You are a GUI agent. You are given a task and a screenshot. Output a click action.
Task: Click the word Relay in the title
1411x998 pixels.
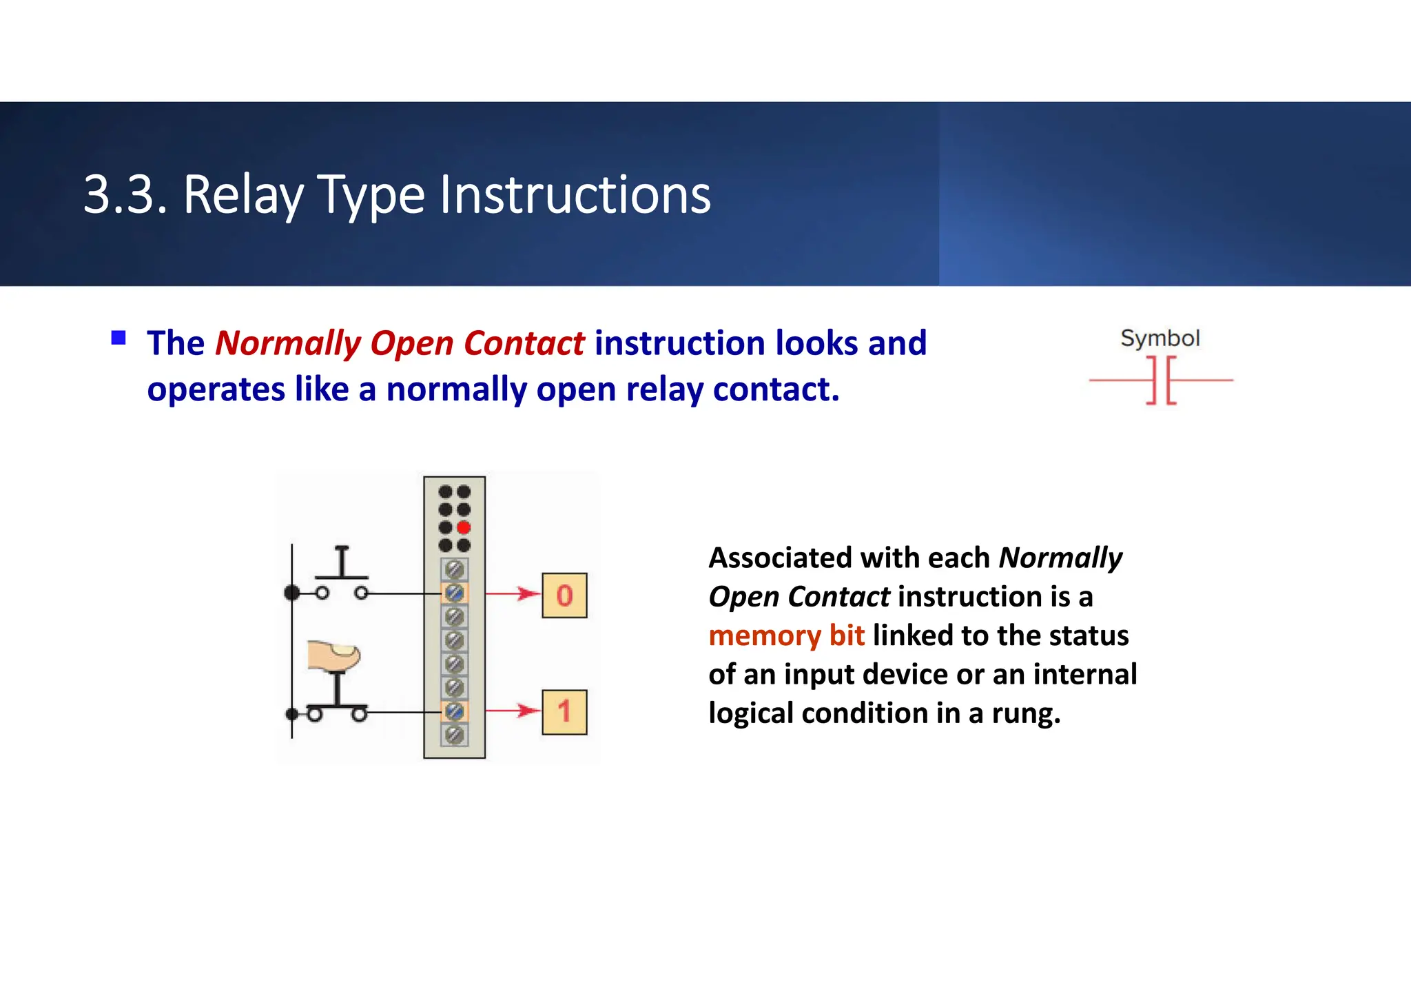[x=243, y=195]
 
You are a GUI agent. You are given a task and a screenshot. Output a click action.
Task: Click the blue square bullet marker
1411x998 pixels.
[x=119, y=338]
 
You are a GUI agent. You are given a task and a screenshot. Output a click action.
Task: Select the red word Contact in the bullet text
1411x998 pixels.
[x=524, y=343]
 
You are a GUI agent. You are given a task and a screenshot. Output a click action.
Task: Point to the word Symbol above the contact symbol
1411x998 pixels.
[x=1160, y=338]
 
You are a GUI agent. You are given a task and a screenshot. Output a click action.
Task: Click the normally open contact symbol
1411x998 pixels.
[x=1161, y=380]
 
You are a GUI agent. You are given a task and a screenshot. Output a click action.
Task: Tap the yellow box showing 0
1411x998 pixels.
[x=564, y=595]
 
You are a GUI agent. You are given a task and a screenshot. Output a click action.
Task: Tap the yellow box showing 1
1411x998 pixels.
[x=564, y=712]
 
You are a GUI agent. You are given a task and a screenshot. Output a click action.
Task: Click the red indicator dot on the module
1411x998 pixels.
[x=464, y=528]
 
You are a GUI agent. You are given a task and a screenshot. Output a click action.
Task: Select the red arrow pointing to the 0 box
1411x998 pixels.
[x=513, y=593]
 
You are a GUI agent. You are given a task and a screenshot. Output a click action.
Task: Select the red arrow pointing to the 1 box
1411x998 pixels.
[x=513, y=711]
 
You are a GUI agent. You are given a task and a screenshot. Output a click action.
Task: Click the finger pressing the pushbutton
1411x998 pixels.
[x=334, y=655]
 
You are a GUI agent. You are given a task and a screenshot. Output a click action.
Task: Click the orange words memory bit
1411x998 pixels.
[x=786, y=635]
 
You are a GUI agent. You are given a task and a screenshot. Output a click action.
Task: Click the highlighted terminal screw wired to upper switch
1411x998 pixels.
[x=454, y=593]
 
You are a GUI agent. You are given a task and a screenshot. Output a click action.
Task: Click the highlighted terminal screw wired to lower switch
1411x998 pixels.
[x=454, y=711]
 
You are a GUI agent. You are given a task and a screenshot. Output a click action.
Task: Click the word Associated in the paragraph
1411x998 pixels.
[x=780, y=558]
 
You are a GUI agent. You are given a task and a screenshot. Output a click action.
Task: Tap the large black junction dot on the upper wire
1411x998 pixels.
[x=292, y=593]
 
